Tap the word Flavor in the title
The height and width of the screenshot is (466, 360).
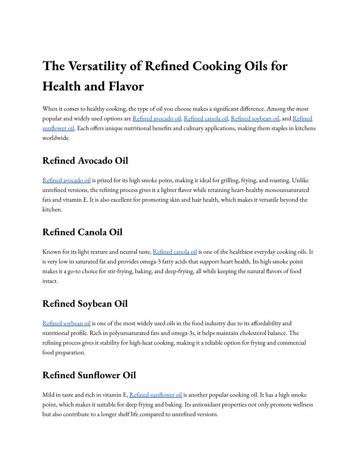pos(124,86)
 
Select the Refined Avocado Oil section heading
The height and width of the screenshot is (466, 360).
pos(85,161)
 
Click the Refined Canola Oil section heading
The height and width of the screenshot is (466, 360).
pos(82,232)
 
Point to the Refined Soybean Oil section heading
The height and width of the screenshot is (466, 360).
pos(85,304)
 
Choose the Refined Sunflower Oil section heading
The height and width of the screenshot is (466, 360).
pos(89,375)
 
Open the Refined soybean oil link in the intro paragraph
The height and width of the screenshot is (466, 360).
pos(255,118)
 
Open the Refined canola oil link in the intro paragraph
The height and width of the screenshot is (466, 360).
pos(206,118)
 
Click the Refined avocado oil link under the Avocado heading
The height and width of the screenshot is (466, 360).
pos(67,180)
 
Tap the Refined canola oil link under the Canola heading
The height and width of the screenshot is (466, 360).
pos(175,252)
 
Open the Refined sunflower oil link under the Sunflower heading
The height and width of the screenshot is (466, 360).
pos(156,395)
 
